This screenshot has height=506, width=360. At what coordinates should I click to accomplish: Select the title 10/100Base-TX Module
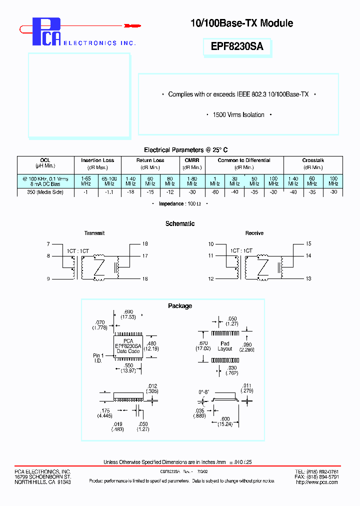[x=241, y=23]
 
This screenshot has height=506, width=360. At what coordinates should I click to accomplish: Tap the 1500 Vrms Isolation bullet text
[x=238, y=115]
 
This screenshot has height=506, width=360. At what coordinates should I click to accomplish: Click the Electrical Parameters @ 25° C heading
[x=186, y=150]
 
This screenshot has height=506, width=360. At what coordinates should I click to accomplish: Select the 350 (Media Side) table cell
[x=45, y=192]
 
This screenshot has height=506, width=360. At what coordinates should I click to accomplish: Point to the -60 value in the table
[x=214, y=192]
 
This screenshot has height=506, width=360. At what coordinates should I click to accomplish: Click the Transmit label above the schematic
[x=94, y=233]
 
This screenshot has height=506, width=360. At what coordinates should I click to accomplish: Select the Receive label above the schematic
[x=254, y=233]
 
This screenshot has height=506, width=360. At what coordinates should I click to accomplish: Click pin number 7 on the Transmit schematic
[x=48, y=244]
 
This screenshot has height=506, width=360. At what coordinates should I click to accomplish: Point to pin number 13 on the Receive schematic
[x=308, y=279]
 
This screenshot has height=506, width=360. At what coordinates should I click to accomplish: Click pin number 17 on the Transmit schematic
[x=145, y=256]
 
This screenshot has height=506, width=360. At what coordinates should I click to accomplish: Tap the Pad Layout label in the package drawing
[x=225, y=346]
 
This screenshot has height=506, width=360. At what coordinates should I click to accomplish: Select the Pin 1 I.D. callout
[x=98, y=357]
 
